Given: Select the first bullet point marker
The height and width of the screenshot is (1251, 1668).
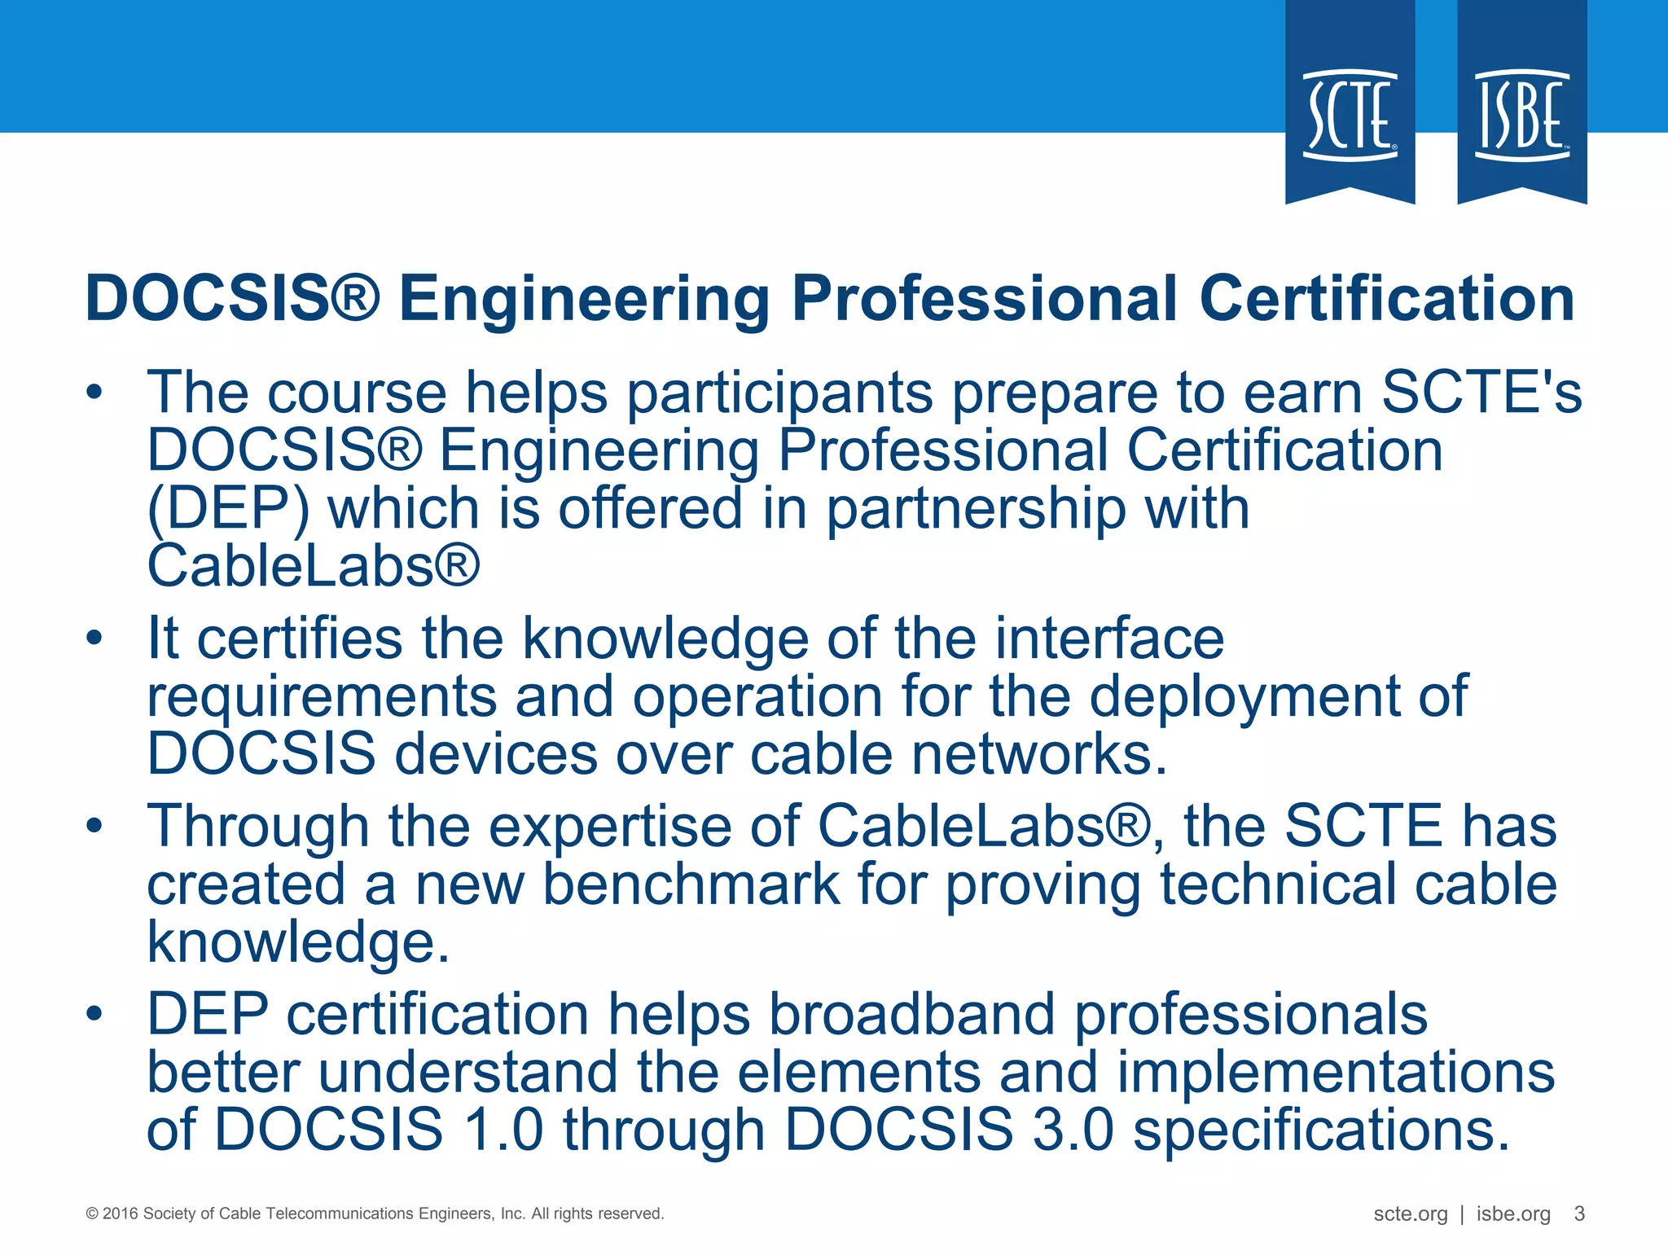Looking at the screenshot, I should tap(95, 393).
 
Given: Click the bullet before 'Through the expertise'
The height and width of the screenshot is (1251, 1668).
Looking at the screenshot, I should tap(95, 826).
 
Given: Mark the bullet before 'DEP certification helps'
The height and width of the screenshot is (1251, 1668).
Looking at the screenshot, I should tap(95, 1014).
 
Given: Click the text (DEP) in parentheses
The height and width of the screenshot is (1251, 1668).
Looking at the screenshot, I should tap(228, 509).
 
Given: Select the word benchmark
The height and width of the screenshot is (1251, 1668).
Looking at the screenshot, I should tap(691, 884).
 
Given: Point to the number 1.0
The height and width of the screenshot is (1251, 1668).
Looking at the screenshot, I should tap(503, 1130).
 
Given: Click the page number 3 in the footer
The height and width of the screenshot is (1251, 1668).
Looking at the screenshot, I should tap(1579, 1214).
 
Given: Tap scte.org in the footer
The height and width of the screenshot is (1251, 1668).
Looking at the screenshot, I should tap(1410, 1214).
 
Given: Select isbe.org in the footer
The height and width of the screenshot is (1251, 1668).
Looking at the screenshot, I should tap(1513, 1214).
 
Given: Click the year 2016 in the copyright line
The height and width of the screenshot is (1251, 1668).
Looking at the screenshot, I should tap(120, 1214).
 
